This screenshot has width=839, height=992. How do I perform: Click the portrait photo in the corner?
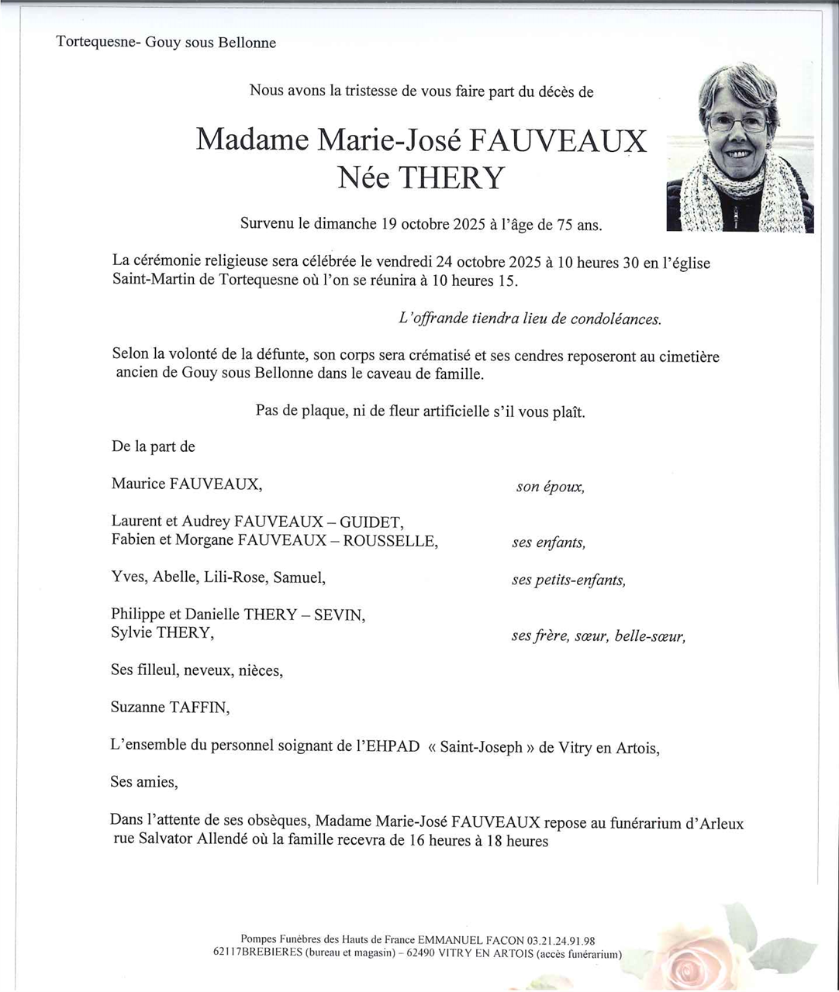[x=740, y=146]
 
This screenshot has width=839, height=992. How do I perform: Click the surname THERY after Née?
[x=451, y=178]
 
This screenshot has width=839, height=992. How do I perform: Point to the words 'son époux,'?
[x=550, y=487]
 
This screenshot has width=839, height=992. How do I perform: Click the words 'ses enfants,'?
[x=548, y=543]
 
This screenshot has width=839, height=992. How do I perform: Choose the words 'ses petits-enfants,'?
[x=568, y=580]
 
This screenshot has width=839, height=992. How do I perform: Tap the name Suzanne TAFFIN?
[x=170, y=708]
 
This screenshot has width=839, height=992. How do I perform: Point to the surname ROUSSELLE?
[x=389, y=541]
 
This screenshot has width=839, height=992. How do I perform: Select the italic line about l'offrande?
[x=530, y=319]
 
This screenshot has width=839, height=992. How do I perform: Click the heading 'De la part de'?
[x=153, y=447]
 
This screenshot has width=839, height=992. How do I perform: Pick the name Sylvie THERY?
[x=161, y=633]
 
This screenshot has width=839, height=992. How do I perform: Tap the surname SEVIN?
[x=338, y=615]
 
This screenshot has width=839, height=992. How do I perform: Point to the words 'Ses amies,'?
[x=143, y=782]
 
